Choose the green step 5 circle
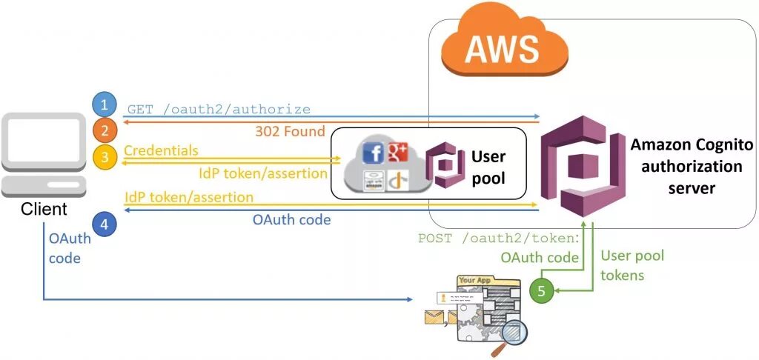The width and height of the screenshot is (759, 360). pyautogui.click(x=541, y=291)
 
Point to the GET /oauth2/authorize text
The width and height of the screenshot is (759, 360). pyautogui.click(x=219, y=110)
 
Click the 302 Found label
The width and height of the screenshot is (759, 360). pyautogui.click(x=290, y=132)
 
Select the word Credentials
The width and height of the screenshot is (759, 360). pyautogui.click(x=161, y=150)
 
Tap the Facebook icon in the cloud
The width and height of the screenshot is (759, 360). pyautogui.click(x=374, y=153)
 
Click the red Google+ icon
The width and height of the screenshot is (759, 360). pyautogui.click(x=397, y=151)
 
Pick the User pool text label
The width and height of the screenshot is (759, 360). pyautogui.click(x=488, y=167)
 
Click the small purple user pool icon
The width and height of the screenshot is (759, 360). pyautogui.click(x=444, y=165)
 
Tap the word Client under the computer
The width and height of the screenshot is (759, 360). pyautogui.click(x=44, y=210)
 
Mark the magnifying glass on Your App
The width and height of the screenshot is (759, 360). pyautogui.click(x=511, y=330)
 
